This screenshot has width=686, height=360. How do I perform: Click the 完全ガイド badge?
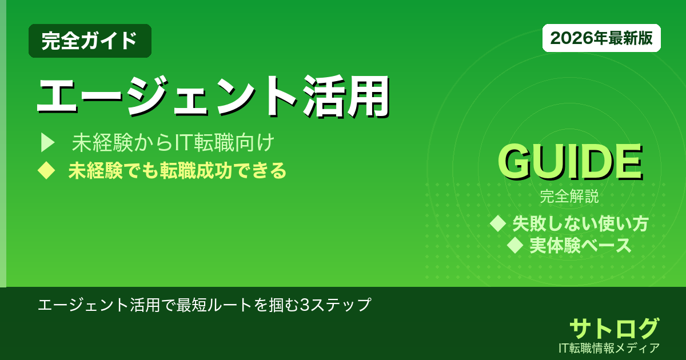click(x=90, y=41)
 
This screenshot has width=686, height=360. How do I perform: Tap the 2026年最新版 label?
click(x=601, y=38)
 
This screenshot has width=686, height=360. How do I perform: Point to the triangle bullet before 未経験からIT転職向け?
click(x=47, y=143)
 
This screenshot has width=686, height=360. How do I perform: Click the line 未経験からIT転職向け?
click(x=174, y=143)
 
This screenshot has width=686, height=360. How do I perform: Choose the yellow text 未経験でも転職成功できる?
click(x=177, y=170)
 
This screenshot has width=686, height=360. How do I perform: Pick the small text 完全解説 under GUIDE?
click(x=569, y=198)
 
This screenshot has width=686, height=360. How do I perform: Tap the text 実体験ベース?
click(x=580, y=245)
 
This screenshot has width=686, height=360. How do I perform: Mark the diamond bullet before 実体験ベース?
click(x=516, y=245)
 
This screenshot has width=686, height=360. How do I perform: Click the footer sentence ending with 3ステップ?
click(x=205, y=304)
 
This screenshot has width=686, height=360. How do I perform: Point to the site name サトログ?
click(x=614, y=328)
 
